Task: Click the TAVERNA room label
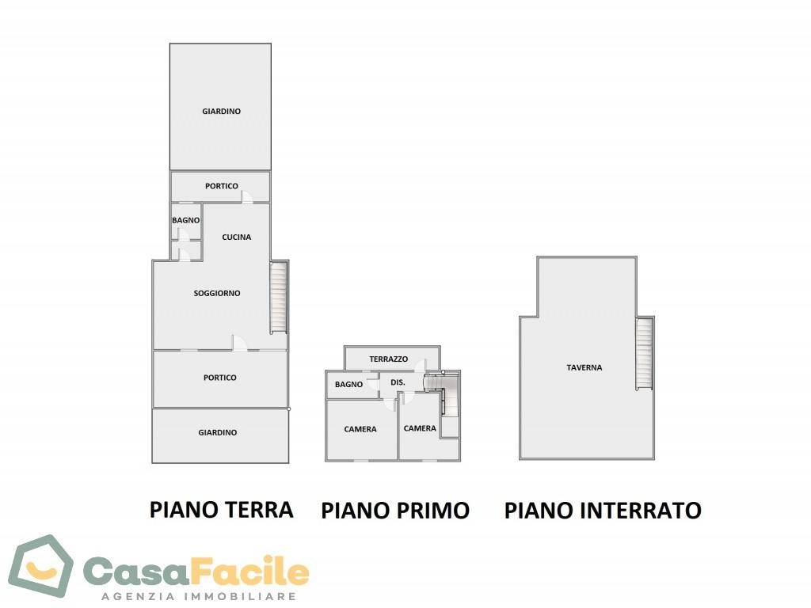584,367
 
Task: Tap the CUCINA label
237,237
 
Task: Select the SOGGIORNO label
217,293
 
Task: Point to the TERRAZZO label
389,359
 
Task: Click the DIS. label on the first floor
398,382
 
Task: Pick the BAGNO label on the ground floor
186,220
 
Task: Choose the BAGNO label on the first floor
348,385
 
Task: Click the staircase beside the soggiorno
278,298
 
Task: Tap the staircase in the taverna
645,353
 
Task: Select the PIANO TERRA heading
222,509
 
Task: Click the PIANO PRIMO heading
395,511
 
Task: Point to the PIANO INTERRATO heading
603,511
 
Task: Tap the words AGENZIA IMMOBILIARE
198,596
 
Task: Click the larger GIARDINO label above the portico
222,112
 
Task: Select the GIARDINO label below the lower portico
218,432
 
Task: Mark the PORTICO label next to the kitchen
222,186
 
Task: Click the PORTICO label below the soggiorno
219,378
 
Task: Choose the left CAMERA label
360,429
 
